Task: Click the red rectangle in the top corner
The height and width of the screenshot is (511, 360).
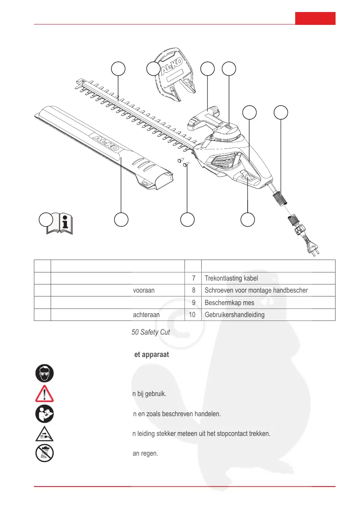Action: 315,19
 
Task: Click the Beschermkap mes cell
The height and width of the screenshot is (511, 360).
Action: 230,302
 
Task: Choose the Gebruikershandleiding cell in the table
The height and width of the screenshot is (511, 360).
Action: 234,314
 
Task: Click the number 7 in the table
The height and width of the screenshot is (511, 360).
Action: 194,278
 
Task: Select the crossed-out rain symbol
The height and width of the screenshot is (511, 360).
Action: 44,453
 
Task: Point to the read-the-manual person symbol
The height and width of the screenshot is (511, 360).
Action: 44,414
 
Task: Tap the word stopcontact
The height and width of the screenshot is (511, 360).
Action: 236,433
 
